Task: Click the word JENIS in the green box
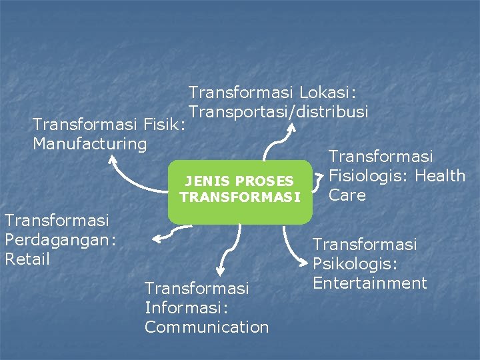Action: (x=204, y=181)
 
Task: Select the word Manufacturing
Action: (x=90, y=143)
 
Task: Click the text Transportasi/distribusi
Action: (x=279, y=111)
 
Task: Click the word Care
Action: (x=347, y=195)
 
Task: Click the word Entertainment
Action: (x=369, y=283)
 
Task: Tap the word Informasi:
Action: (x=187, y=307)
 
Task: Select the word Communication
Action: (x=207, y=327)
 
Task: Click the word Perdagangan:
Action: (x=61, y=239)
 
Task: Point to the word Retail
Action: (x=27, y=259)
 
